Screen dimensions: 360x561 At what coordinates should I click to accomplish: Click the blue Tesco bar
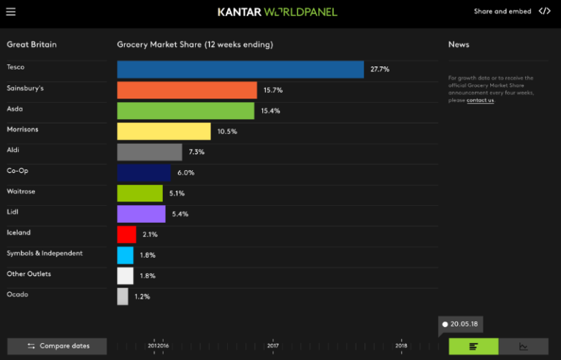pos(240,69)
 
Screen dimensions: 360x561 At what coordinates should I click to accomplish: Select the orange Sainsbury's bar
pos(187,90)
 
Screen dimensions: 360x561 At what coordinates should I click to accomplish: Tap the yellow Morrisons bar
pos(164,131)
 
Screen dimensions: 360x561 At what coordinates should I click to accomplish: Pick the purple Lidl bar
pos(141,214)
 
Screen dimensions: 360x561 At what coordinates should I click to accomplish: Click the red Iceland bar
pos(126,234)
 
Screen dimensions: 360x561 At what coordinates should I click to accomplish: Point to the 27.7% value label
pos(380,69)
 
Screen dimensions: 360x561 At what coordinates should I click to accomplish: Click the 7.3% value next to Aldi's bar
pos(196,152)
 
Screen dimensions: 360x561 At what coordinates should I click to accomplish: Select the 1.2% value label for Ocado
pos(142,296)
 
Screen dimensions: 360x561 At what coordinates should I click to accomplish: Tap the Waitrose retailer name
pos(21,191)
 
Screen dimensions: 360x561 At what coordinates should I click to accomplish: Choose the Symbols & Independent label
pos(45,253)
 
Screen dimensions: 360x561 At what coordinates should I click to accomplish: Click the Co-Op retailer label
pos(18,171)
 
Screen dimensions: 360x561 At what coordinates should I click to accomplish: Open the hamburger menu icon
pos(10,12)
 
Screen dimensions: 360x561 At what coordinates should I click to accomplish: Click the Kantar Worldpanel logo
pos(278,12)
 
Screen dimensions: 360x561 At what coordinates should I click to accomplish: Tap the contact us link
pos(480,100)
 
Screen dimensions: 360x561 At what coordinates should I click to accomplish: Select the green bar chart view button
pos(473,346)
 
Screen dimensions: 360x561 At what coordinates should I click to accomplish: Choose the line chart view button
pos(524,346)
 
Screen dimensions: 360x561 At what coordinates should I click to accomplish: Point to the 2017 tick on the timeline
pos(273,345)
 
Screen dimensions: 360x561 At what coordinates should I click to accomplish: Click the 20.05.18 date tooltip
pos(462,323)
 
